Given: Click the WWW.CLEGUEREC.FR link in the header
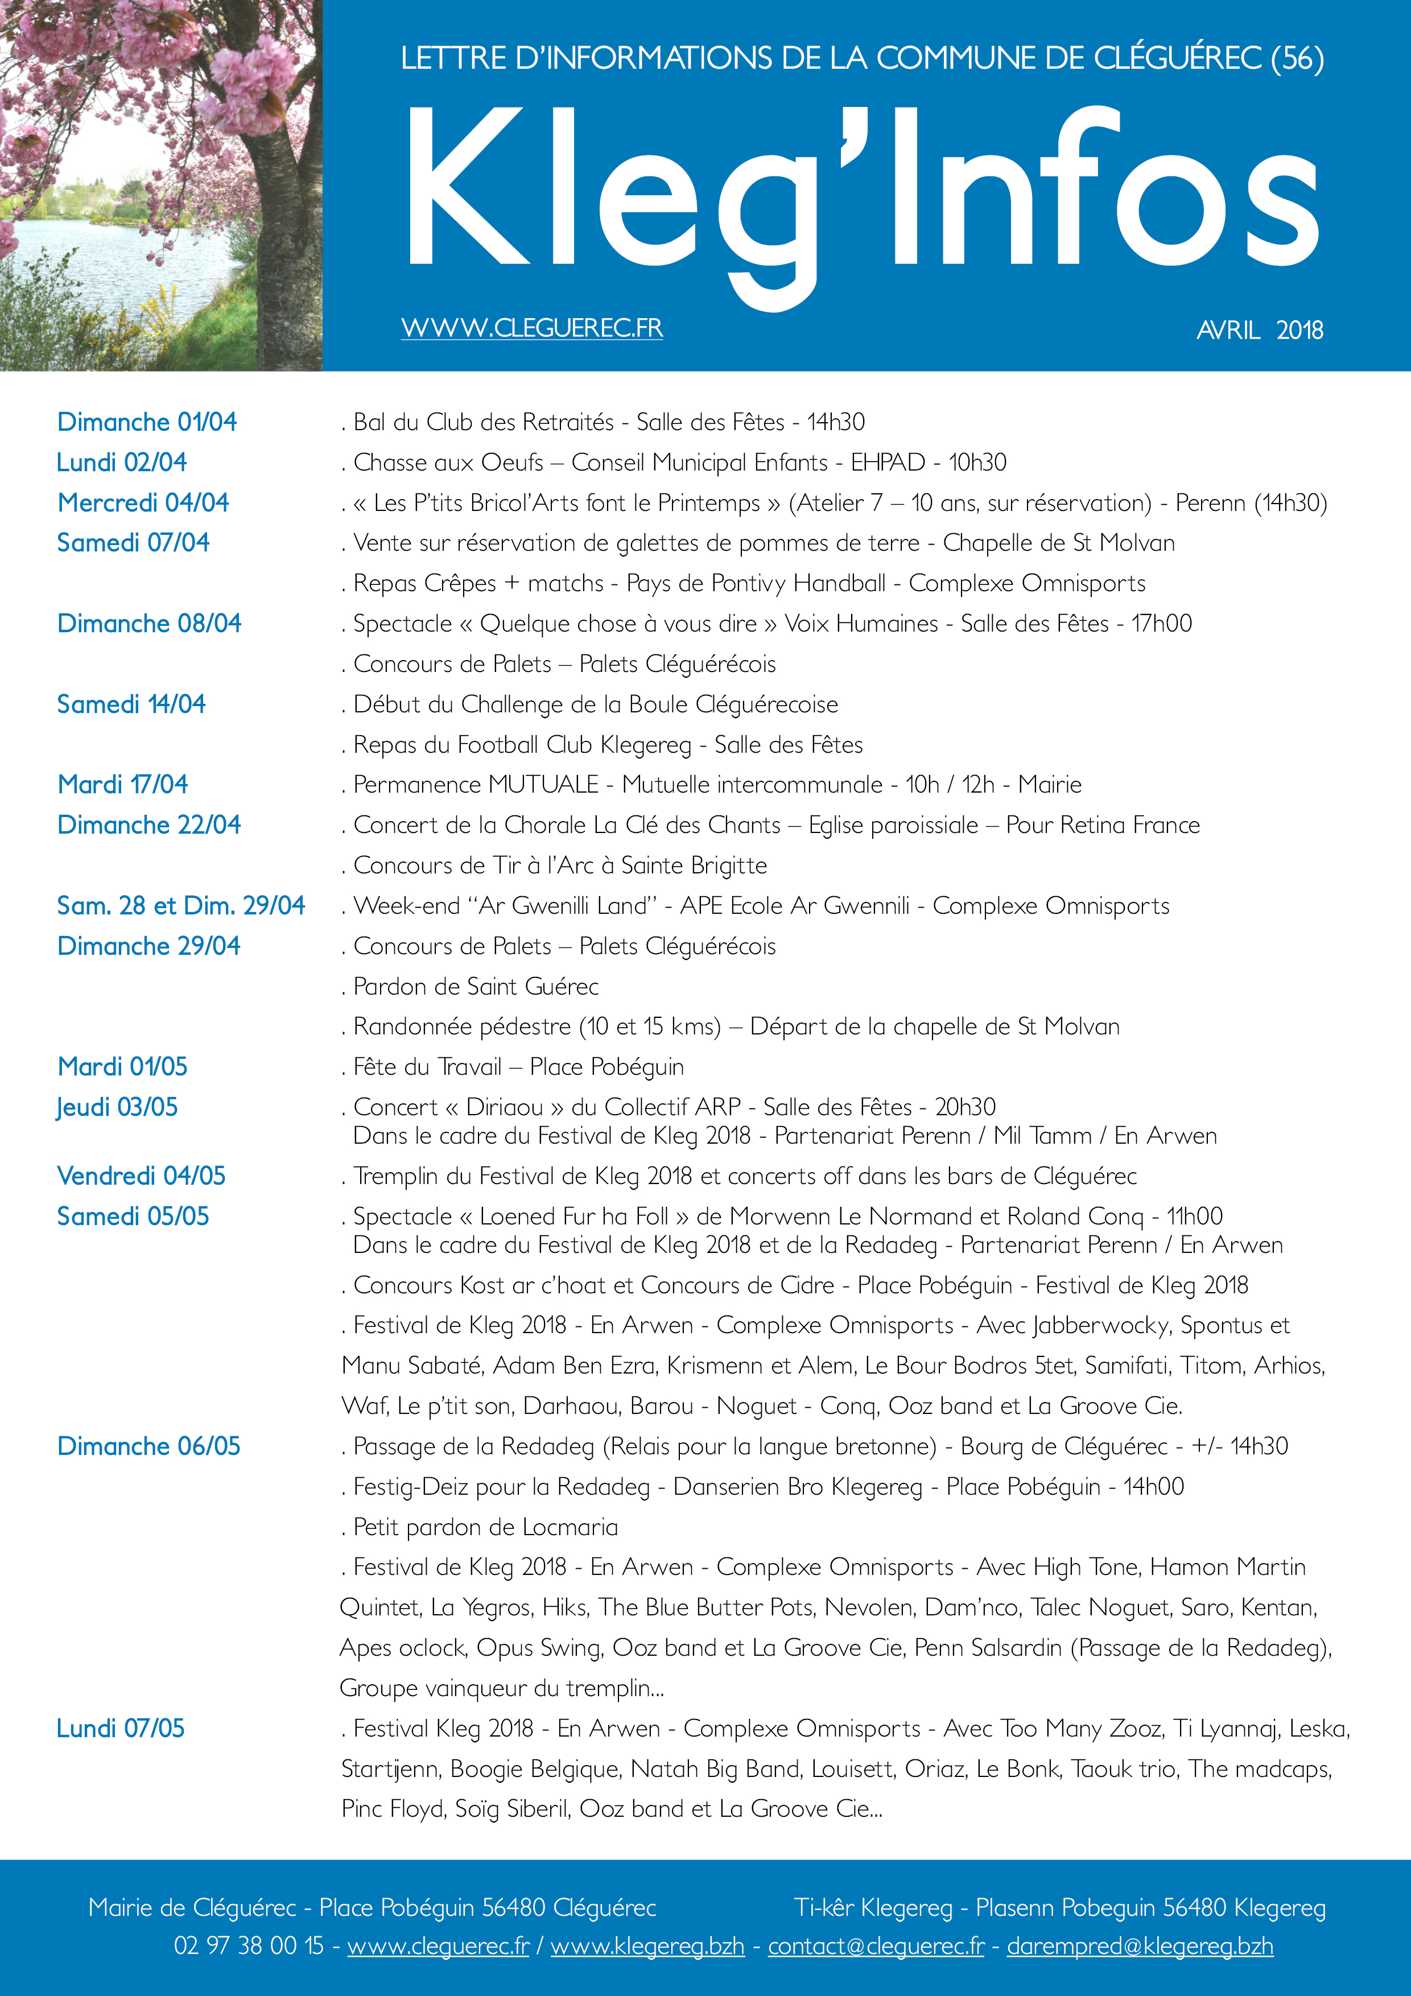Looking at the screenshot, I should coord(531,329).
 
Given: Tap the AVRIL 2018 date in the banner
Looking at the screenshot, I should coord(1259,331).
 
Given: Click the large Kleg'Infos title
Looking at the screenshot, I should coord(861,196).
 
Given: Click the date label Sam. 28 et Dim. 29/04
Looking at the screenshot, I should coord(181,906).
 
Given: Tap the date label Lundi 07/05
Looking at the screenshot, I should coord(121,1728).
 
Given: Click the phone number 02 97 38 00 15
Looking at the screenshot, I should coord(249,1945).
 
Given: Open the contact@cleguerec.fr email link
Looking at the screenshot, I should coord(876,1945).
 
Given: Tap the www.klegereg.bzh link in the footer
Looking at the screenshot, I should coord(647,1945).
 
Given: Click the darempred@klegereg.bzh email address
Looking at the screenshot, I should coord(1139,1945).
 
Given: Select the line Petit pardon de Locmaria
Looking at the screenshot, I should coord(485,1527).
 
